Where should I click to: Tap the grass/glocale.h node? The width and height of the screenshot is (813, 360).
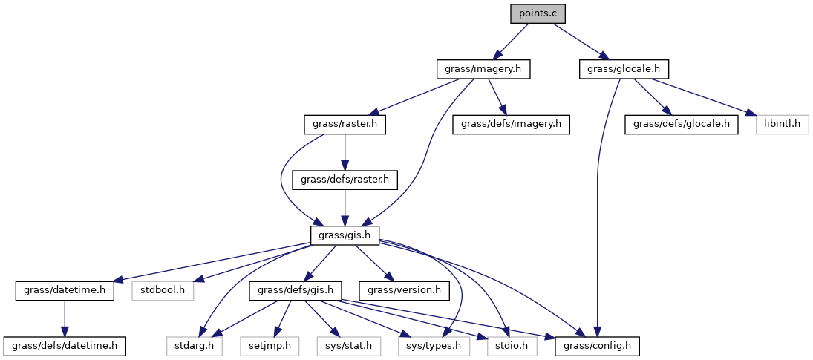click(624, 69)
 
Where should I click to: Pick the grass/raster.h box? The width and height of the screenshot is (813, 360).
click(346, 124)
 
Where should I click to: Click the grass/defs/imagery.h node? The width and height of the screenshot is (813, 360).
click(511, 124)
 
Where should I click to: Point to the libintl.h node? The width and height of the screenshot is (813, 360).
click(782, 124)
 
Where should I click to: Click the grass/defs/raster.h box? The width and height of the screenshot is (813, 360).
click(346, 179)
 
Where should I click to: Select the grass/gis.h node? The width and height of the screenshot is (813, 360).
click(345, 235)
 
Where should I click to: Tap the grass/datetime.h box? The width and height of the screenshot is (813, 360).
click(65, 289)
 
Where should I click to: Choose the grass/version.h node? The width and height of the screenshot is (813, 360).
click(404, 289)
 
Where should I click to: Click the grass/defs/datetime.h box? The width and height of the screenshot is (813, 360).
click(65, 345)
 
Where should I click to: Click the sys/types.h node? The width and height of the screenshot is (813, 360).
click(434, 345)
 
